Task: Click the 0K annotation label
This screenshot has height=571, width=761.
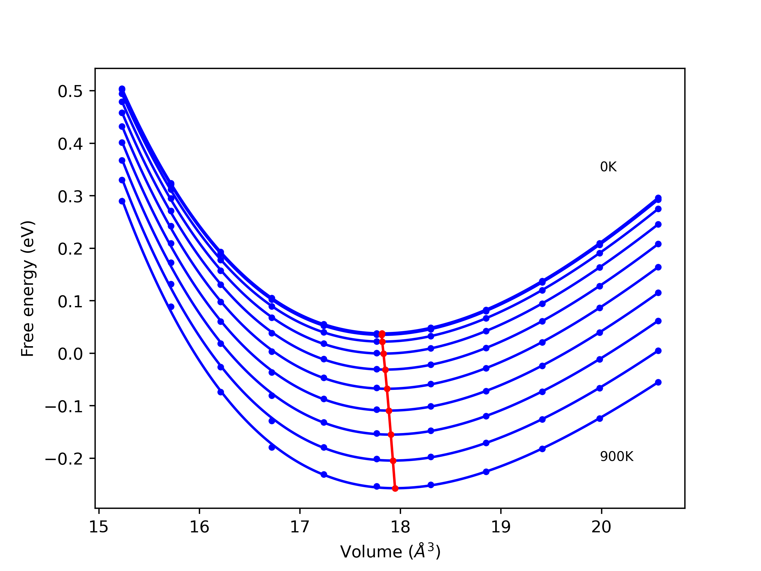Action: (x=608, y=167)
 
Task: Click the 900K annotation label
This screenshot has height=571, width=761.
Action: (x=617, y=457)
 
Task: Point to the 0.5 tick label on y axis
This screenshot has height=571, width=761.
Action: (x=70, y=92)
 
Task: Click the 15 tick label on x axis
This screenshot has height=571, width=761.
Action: (x=99, y=527)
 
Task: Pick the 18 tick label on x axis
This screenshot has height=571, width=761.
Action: (x=400, y=527)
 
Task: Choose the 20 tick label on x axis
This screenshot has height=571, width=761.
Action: (x=601, y=527)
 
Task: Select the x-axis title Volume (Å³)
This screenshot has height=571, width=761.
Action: (x=390, y=552)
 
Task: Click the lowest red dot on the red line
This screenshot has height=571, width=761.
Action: (x=395, y=488)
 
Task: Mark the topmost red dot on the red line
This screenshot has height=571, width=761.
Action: (x=382, y=333)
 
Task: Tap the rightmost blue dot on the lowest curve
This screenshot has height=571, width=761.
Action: (x=658, y=382)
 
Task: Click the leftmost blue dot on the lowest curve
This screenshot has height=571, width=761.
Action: (x=122, y=201)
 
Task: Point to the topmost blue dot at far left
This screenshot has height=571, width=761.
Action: (x=122, y=89)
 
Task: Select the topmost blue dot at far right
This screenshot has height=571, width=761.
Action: (x=658, y=198)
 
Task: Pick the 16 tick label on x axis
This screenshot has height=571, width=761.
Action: (x=199, y=527)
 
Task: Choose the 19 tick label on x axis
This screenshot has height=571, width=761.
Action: (x=501, y=527)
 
